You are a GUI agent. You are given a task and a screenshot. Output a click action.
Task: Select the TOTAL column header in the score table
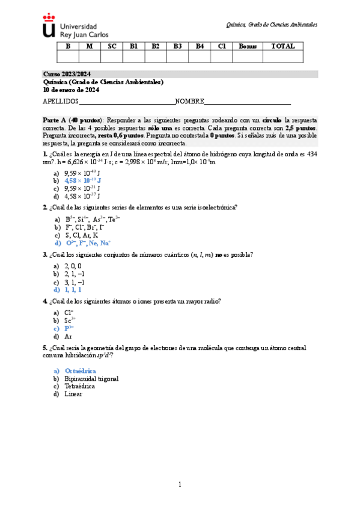pyautogui.click(x=282, y=46)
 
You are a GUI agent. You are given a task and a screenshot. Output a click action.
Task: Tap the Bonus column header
pyautogui.click(x=248, y=46)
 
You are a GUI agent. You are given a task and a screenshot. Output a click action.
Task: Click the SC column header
pyautogui.click(x=112, y=46)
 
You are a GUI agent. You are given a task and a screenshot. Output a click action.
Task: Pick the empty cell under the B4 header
pyautogui.click(x=199, y=57)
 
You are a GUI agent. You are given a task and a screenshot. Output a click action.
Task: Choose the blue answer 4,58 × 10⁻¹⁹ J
pyautogui.click(x=83, y=180)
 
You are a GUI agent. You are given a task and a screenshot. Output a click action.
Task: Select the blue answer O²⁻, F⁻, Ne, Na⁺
pyautogui.click(x=88, y=243)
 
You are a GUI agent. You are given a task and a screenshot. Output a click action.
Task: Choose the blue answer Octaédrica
pyautogui.click(x=80, y=371)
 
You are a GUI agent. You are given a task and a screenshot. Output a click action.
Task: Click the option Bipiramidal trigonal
pyautogui.click(x=91, y=379)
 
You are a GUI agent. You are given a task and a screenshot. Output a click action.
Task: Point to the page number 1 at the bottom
pyautogui.click(x=180, y=485)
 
